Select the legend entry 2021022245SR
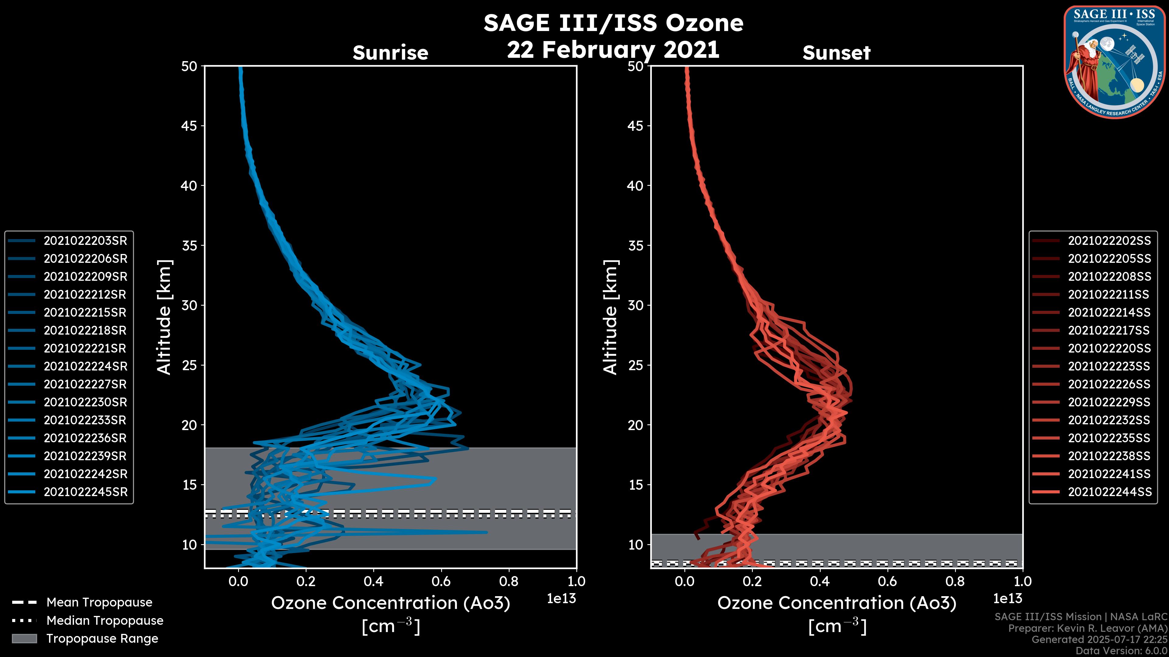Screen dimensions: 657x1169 click(85, 492)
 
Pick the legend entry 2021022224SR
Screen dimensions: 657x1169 click(85, 366)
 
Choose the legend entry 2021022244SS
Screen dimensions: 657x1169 click(1109, 492)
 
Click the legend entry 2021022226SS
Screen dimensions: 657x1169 click(1109, 384)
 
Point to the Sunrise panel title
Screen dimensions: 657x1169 click(390, 53)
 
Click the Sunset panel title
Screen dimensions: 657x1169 click(836, 53)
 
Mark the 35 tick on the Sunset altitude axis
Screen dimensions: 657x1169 click(635, 245)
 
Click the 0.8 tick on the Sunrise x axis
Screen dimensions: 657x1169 click(509, 581)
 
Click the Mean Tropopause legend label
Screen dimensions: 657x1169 click(99, 603)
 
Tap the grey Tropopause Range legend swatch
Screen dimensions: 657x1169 click(24, 638)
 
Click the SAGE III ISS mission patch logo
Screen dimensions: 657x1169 click(1114, 61)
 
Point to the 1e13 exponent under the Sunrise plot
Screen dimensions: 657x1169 click(561, 599)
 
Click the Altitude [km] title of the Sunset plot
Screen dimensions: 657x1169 click(611, 317)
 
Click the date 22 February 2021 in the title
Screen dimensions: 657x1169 click(613, 49)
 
